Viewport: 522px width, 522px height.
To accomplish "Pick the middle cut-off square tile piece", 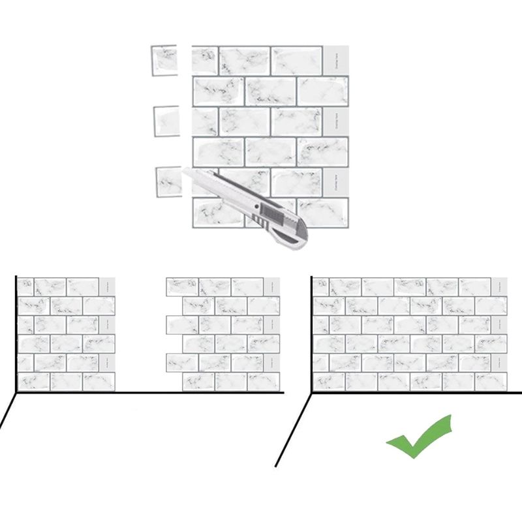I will pyautogui.click(x=166, y=121).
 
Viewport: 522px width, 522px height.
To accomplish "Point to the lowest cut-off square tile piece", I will pyautogui.click(x=168, y=181).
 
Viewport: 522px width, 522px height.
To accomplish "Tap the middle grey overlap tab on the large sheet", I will pyautogui.click(x=336, y=121).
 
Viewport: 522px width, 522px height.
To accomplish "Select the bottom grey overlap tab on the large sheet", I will pyautogui.click(x=336, y=181).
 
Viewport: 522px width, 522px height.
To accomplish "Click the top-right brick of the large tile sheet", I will pyautogui.click(x=297, y=60).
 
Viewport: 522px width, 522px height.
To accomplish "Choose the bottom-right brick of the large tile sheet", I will pyautogui.click(x=322, y=211).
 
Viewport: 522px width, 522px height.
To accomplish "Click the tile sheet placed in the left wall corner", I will pyautogui.click(x=66, y=334).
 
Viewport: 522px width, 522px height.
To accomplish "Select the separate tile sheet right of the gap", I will pyautogui.click(x=223, y=334).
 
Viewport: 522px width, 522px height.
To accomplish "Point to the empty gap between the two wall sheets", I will pyautogui.click(x=140, y=334).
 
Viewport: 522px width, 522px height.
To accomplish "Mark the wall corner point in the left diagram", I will pyautogui.click(x=16, y=393).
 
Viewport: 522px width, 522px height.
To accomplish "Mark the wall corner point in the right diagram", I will pyautogui.click(x=311, y=393).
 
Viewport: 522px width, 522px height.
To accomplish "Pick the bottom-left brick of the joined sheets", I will pyautogui.click(x=329, y=381).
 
